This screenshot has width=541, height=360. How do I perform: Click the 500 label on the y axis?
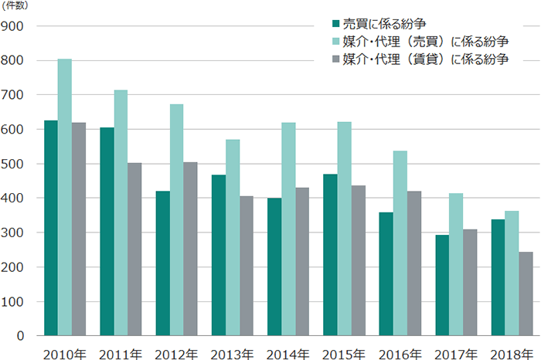point(15,164)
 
